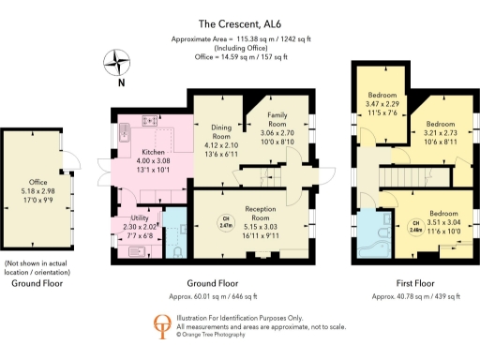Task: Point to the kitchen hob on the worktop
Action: point(149,121)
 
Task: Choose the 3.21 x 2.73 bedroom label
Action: point(440,132)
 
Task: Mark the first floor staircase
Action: point(397,175)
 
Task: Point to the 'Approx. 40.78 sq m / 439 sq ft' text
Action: point(415,296)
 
